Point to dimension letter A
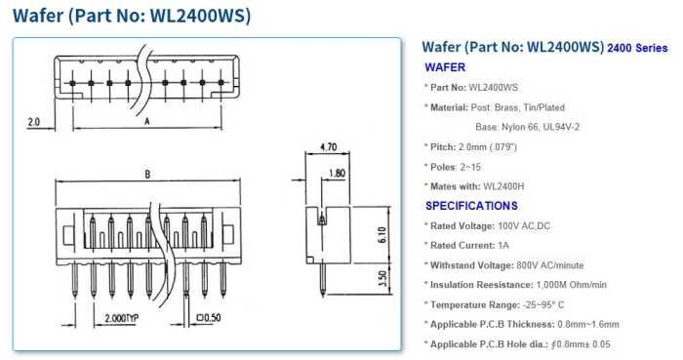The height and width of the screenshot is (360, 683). click(146, 122)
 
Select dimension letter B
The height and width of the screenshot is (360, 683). click(146, 176)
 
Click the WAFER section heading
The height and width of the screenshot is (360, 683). click(445, 67)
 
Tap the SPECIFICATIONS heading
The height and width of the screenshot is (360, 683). click(471, 206)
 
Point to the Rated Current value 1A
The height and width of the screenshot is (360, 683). click(503, 245)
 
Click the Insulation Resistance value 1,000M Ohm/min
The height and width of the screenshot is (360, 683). click(573, 285)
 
